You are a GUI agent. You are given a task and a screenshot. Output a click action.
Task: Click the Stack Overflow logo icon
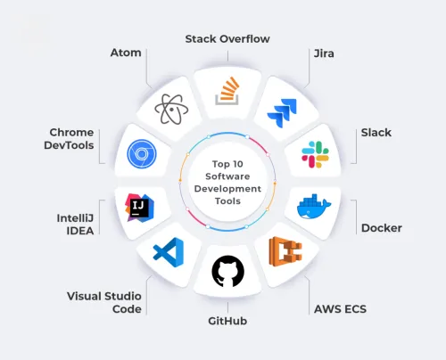pos(227,91)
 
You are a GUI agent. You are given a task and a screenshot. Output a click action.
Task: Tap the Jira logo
pos(282,113)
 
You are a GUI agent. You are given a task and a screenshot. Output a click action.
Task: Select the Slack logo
pos(315,154)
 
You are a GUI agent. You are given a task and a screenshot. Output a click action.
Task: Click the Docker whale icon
pos(314,207)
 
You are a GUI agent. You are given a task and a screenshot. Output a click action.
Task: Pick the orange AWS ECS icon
pos(285,251)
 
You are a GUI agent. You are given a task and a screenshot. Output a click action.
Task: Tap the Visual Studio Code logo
pos(169,252)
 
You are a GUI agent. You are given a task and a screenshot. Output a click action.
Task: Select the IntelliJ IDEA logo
pos(139,208)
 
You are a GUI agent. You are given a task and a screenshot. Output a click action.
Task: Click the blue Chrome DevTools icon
pos(142,154)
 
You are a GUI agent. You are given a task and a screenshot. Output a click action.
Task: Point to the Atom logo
pos(171,110)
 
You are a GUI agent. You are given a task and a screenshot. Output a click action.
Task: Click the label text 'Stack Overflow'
pos(227,39)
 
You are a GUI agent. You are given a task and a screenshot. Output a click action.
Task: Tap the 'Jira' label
pos(324,53)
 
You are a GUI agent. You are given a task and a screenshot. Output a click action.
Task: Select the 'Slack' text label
pos(376,133)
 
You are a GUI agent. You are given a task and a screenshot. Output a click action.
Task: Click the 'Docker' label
pos(382,228)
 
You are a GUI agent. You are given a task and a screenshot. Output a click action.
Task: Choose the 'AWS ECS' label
pos(340,309)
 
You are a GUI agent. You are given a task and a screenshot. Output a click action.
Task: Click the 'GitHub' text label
pos(227,321)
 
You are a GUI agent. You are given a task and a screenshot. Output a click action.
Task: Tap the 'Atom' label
pos(126,53)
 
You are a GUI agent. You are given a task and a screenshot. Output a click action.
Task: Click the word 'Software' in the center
pos(227,176)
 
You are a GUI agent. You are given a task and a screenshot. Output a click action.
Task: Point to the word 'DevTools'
pos(69,145)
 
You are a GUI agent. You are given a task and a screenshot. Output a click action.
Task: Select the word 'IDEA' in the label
pos(80,231)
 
